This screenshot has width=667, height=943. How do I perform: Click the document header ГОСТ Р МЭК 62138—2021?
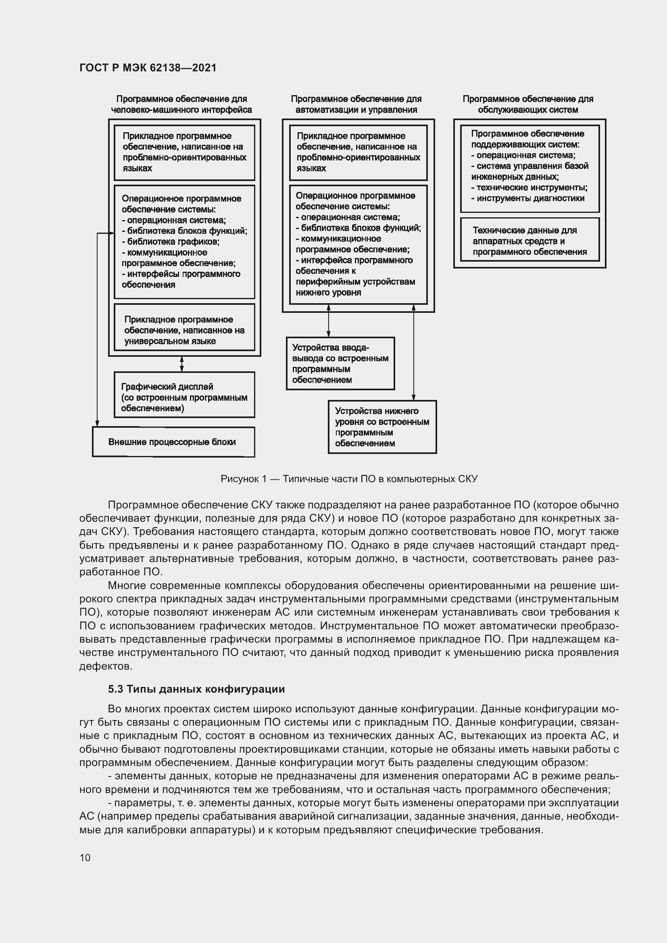point(148,68)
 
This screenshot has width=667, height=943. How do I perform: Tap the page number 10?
point(85,858)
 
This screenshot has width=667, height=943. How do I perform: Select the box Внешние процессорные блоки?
point(173,442)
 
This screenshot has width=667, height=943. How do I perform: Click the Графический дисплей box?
point(184,395)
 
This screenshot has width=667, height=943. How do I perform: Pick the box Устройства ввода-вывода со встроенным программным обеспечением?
point(340,364)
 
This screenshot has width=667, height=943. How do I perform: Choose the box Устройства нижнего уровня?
point(382,427)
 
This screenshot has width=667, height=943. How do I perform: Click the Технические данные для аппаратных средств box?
point(529,241)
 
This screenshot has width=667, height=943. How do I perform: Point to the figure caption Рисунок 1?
point(349,479)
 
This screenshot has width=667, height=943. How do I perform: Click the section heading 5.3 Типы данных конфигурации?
point(196,689)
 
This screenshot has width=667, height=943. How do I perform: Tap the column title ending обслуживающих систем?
point(528,104)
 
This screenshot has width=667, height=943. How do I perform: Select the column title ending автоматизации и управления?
point(356,104)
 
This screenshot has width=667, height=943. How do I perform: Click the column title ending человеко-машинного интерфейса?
point(181,104)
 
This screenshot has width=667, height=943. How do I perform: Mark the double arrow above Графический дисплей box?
point(182,364)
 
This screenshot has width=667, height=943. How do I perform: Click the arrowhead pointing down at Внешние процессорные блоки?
point(97,423)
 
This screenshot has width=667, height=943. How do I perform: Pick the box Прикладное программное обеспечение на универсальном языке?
point(184,330)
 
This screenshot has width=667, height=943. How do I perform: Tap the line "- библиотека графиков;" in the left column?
point(171,241)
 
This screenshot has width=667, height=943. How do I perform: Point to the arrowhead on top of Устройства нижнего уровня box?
point(414,397)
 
